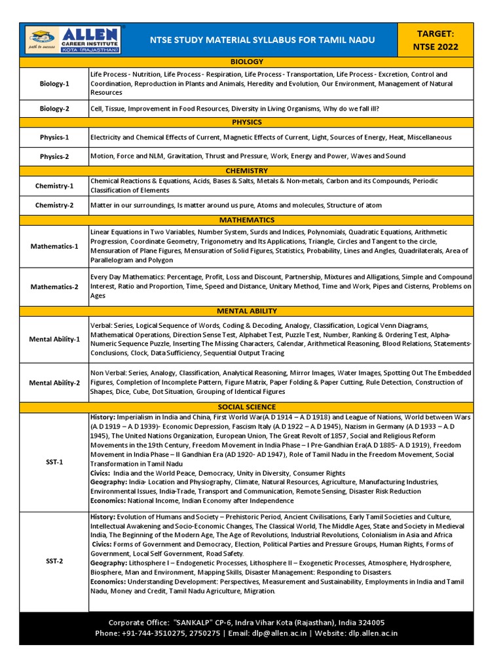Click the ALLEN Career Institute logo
(x=73, y=40)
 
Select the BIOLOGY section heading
(x=246, y=62)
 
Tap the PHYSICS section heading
(x=246, y=122)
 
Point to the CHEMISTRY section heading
(x=246, y=171)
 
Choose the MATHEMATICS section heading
(x=246, y=220)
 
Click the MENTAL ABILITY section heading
(x=246, y=311)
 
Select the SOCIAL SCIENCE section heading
(x=246, y=407)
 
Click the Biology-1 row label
(x=54, y=84)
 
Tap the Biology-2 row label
(x=54, y=109)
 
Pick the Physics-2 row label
(x=54, y=157)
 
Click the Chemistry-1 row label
(x=54, y=186)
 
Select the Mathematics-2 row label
(x=54, y=287)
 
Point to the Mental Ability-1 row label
(x=54, y=340)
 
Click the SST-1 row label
(x=54, y=462)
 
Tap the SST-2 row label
(x=54, y=561)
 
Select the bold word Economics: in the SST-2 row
(x=108, y=582)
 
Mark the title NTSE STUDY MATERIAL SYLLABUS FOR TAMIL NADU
(x=263, y=40)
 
